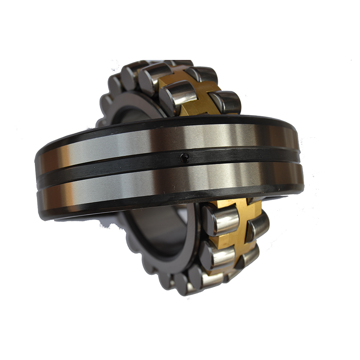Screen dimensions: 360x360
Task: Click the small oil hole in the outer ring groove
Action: tap(183, 157)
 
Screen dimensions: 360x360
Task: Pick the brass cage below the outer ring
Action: tap(234, 225)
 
